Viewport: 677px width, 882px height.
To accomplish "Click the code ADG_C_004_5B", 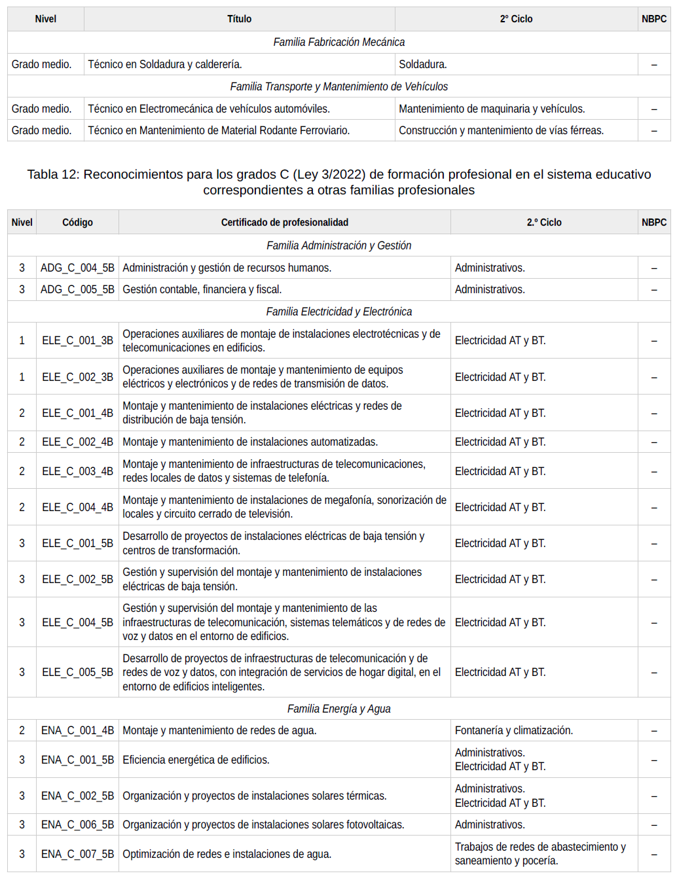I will (x=77, y=268).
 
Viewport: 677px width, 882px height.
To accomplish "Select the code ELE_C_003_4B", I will (x=77, y=471).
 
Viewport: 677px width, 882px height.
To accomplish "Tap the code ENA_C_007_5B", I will (x=77, y=854).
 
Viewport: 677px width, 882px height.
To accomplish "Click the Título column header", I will (x=239, y=19).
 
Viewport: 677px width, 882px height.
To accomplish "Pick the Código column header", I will (x=77, y=222).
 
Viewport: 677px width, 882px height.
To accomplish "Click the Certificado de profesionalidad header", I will (x=284, y=222).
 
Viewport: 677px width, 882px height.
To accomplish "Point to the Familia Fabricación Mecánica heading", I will (x=338, y=42).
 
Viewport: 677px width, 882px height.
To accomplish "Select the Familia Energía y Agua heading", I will (x=338, y=709).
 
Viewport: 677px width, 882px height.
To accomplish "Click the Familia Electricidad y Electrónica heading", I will (x=338, y=311).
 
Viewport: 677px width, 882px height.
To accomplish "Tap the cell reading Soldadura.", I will (x=423, y=64).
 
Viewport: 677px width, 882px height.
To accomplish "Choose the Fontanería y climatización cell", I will (x=513, y=730).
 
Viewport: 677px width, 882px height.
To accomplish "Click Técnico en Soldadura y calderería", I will (x=165, y=64).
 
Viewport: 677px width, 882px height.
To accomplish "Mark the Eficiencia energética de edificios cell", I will (x=196, y=760).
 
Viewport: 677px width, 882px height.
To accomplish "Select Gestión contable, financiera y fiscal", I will (x=202, y=289).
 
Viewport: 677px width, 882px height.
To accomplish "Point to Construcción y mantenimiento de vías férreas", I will (x=501, y=130).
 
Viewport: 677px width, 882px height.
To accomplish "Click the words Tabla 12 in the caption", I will (x=52, y=175).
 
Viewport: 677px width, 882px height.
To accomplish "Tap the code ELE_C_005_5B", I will (x=77, y=672).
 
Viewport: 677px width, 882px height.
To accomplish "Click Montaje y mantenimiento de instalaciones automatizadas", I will (x=250, y=442).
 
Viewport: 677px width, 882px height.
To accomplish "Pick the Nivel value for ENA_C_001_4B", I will (x=22, y=730).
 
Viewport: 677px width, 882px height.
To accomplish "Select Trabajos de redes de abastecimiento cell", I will (x=540, y=853).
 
